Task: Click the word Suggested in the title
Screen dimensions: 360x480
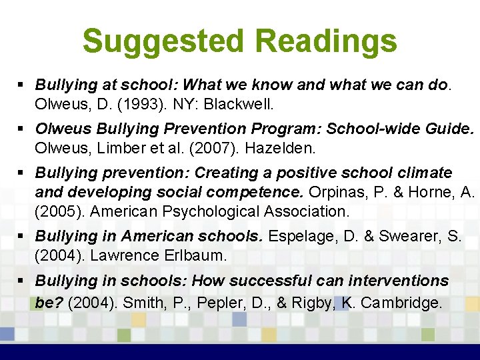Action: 164,41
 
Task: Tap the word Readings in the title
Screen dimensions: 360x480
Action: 326,41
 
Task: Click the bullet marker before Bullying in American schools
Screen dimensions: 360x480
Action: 22,237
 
